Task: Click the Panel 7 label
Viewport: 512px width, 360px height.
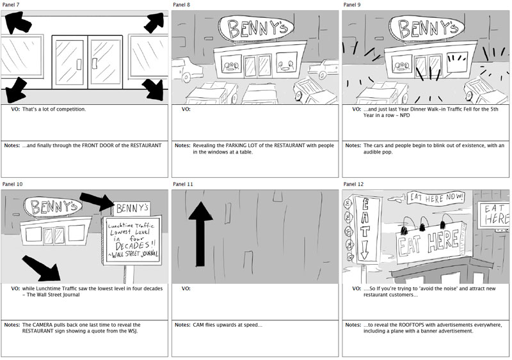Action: click(x=10, y=5)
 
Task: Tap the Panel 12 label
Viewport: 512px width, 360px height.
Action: click(x=353, y=184)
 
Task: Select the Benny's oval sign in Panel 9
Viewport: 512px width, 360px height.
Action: click(x=426, y=28)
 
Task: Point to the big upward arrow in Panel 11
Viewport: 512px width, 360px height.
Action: click(x=200, y=233)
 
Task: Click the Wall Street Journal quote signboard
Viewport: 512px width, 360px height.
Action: click(x=132, y=240)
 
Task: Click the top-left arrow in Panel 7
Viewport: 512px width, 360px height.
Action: click(x=17, y=22)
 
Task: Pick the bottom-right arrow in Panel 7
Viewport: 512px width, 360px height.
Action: click(x=154, y=90)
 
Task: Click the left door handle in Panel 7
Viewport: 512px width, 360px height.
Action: click(x=79, y=65)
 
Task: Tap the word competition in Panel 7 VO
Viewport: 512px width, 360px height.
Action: click(x=72, y=109)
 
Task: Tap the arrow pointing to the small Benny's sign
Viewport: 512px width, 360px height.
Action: click(x=97, y=201)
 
